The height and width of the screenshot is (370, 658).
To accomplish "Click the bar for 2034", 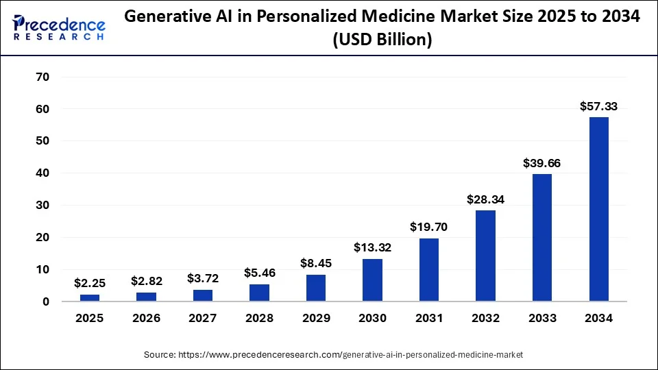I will pyautogui.click(x=598, y=209).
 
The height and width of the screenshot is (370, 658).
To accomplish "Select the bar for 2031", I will pyautogui.click(x=429, y=269).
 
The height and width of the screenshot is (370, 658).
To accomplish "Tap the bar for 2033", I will pyautogui.click(x=542, y=237).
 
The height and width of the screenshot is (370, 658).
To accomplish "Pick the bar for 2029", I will pyautogui.click(x=316, y=288).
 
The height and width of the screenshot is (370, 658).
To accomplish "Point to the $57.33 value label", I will pyautogui.click(x=598, y=106).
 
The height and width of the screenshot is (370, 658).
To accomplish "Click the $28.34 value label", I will pyautogui.click(x=485, y=199).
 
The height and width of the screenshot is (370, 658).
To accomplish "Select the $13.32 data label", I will pyautogui.click(x=372, y=247).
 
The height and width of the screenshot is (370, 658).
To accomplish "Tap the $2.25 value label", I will pyautogui.click(x=90, y=283).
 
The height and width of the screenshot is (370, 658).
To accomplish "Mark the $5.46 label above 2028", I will pyautogui.click(x=259, y=273).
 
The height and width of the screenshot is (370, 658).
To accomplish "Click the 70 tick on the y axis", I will pyautogui.click(x=42, y=77).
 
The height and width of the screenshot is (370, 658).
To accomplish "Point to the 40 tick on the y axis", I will pyautogui.click(x=42, y=173).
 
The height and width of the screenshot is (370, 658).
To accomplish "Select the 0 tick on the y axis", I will pyautogui.click(x=45, y=301).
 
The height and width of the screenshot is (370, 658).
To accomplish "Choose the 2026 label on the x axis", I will pyautogui.click(x=146, y=318).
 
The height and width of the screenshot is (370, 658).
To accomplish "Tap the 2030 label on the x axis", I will pyautogui.click(x=372, y=318).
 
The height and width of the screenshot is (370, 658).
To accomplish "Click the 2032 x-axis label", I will pyautogui.click(x=485, y=318).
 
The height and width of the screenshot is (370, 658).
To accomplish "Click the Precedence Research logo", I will pyautogui.click(x=59, y=27).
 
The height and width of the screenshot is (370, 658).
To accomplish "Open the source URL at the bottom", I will pyautogui.click(x=333, y=355).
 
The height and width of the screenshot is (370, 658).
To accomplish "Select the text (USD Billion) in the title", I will pyautogui.click(x=382, y=40).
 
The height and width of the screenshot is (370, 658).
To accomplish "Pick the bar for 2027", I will pyautogui.click(x=203, y=295).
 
